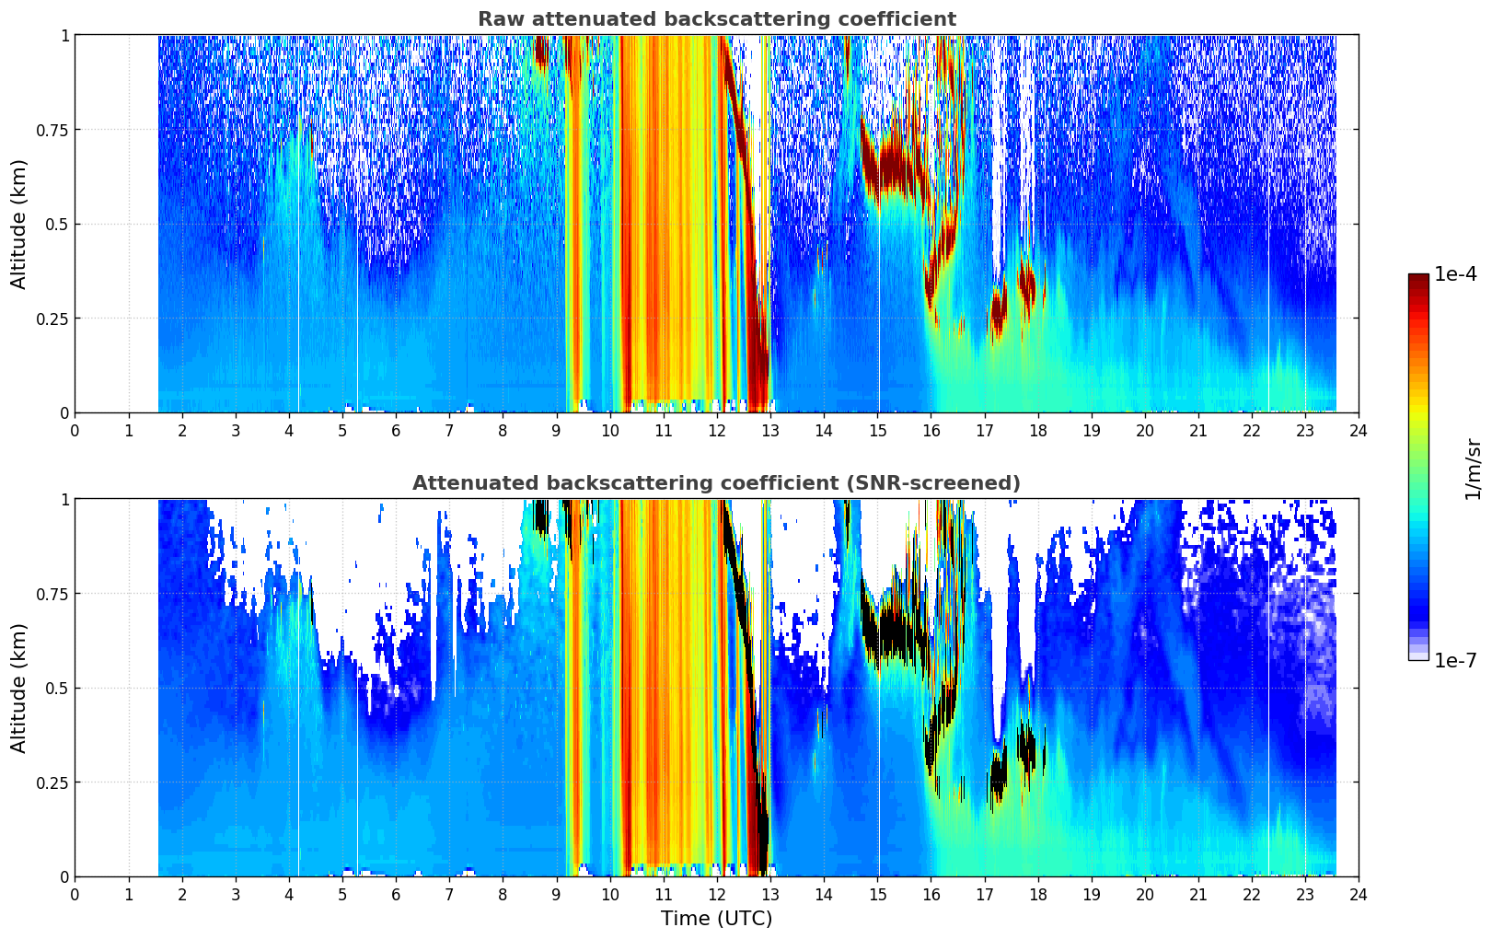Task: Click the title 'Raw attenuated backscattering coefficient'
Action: tap(717, 18)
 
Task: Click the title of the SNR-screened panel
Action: tap(717, 482)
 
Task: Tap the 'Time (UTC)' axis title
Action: tap(717, 919)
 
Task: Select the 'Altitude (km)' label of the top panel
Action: tap(18, 224)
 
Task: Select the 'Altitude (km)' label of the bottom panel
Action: tap(18, 688)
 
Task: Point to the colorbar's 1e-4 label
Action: tap(1455, 273)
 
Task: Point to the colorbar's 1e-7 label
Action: tap(1455, 660)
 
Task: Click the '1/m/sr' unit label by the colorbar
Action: tap(1473, 469)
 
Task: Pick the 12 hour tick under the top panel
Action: tap(717, 430)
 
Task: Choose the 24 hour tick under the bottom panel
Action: tap(1359, 895)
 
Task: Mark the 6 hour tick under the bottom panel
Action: tap(396, 895)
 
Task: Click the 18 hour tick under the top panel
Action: tap(1037, 430)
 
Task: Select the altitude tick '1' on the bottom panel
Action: tap(64, 500)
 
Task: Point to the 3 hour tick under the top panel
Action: tap(235, 430)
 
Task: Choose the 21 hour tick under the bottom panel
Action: tap(1198, 895)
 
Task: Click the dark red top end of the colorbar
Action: tap(1418, 277)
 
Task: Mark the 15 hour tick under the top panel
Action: tap(877, 430)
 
